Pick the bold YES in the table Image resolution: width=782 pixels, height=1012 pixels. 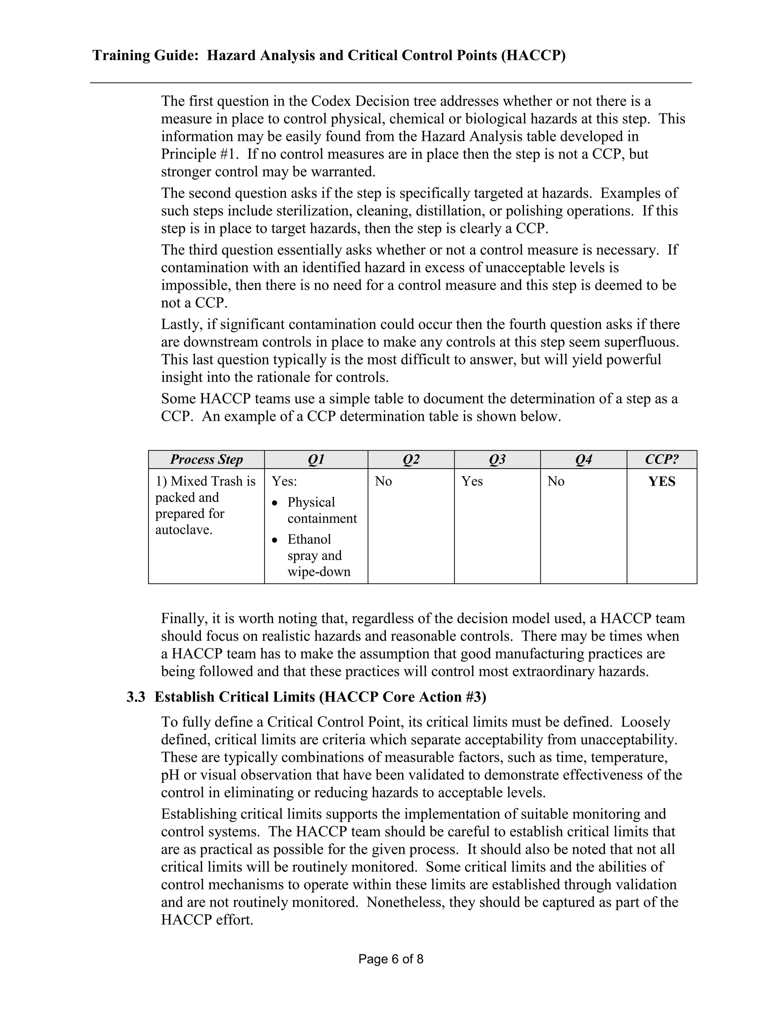pos(662,482)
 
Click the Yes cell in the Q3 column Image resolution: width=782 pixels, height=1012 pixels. pos(472,482)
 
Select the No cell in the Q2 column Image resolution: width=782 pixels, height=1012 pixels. pos(383,482)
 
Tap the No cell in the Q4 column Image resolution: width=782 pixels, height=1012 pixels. pos(556,482)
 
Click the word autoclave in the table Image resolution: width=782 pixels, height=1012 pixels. pos(183,530)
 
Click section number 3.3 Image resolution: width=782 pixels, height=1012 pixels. pos(136,697)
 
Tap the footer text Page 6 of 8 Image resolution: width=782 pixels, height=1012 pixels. pos(391,959)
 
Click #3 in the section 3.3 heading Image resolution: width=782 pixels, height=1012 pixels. pos(474,697)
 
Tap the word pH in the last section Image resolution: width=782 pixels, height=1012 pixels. pos(170,775)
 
